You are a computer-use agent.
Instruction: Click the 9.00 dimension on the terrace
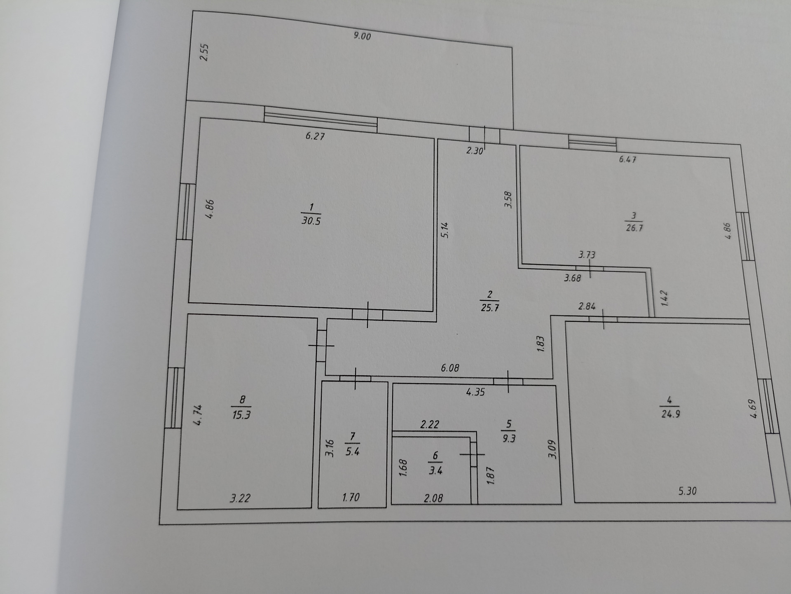click(362, 36)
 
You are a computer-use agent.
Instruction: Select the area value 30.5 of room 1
click(311, 221)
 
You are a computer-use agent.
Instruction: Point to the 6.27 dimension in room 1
click(315, 136)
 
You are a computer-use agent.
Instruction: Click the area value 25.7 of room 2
click(490, 308)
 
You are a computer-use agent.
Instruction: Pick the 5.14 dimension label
click(445, 230)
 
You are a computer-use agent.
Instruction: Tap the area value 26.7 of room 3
click(634, 228)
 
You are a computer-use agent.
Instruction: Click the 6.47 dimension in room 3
click(627, 159)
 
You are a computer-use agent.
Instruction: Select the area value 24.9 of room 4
click(670, 414)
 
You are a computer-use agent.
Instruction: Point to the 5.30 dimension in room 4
click(687, 491)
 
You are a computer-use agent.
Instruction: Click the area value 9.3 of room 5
click(509, 438)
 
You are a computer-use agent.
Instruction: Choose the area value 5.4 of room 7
click(352, 451)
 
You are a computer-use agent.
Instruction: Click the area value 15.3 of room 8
click(241, 414)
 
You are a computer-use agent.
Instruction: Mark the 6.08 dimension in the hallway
click(450, 368)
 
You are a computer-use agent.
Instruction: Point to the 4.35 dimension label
click(475, 392)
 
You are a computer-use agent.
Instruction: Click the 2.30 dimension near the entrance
click(474, 151)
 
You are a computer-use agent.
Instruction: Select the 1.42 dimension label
click(664, 298)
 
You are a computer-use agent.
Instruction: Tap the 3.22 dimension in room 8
click(240, 498)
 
